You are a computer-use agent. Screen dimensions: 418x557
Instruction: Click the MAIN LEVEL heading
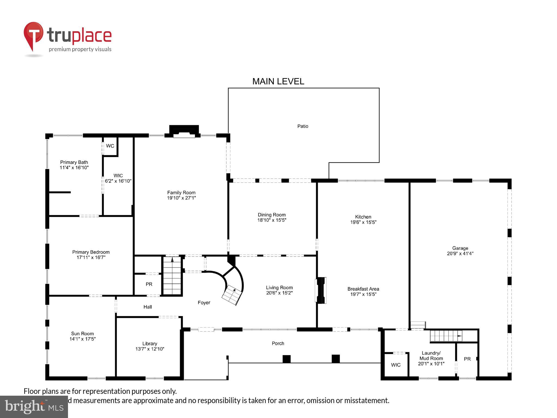(x=278, y=81)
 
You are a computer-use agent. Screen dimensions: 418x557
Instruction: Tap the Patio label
(x=302, y=126)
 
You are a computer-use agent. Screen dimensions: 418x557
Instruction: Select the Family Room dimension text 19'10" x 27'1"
(x=181, y=198)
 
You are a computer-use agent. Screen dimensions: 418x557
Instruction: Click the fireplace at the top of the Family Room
(x=184, y=132)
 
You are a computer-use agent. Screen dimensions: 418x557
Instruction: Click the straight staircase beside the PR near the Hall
(x=172, y=276)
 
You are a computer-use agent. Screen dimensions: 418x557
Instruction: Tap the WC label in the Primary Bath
(x=110, y=146)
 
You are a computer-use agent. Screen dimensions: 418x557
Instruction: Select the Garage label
(x=460, y=248)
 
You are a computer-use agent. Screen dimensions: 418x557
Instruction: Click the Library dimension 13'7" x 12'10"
(x=150, y=349)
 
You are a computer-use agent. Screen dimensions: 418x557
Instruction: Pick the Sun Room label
(x=82, y=334)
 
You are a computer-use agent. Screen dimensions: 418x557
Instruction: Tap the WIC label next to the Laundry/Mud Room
(x=395, y=365)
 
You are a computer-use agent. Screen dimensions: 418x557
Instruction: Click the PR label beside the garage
(x=467, y=359)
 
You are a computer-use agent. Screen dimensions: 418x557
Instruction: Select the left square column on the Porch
(x=286, y=359)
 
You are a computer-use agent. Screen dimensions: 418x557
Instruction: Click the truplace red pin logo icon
(x=33, y=36)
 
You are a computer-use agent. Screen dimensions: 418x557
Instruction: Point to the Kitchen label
(x=363, y=217)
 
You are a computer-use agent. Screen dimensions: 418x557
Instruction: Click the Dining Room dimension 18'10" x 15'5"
(x=272, y=220)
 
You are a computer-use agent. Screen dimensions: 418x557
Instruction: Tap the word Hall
(x=147, y=307)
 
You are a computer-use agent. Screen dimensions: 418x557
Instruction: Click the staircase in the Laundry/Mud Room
(x=445, y=336)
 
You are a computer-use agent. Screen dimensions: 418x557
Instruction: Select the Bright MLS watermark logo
(x=34, y=407)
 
